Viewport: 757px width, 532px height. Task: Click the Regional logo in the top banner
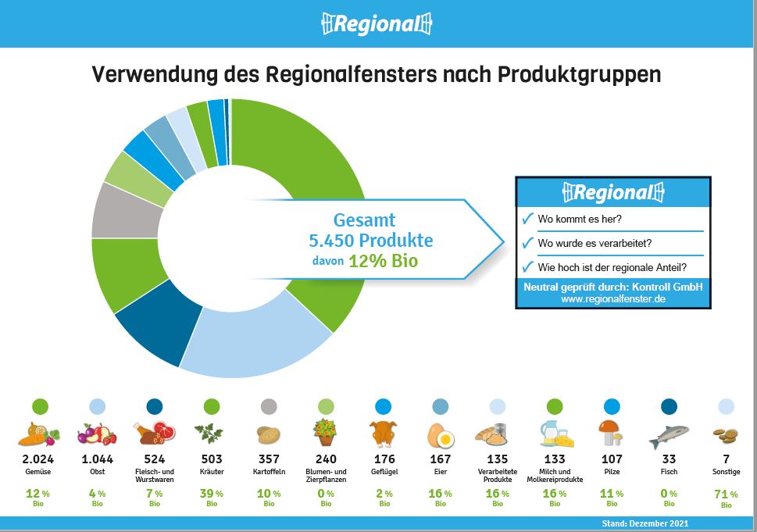[377, 23]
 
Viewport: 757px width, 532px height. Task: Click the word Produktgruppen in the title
[579, 75]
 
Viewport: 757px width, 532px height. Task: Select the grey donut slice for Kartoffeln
[127, 212]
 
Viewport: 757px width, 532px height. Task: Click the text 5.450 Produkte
[371, 240]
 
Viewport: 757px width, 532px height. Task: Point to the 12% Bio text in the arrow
[383, 261]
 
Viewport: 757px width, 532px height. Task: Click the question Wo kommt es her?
[580, 220]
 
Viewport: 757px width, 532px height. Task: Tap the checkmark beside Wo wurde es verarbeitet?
[527, 242]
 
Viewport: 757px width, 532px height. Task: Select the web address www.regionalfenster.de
[613, 299]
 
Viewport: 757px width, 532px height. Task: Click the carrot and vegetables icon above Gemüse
[38, 434]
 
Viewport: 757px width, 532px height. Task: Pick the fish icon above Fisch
[669, 436]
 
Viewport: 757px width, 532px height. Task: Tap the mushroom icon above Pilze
[611, 433]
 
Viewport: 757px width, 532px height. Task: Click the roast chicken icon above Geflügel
[384, 434]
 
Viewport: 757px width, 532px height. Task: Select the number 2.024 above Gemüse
[38, 459]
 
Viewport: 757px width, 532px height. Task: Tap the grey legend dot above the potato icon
[269, 406]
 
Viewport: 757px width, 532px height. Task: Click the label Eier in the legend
[441, 472]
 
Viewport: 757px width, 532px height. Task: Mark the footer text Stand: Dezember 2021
[645, 523]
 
